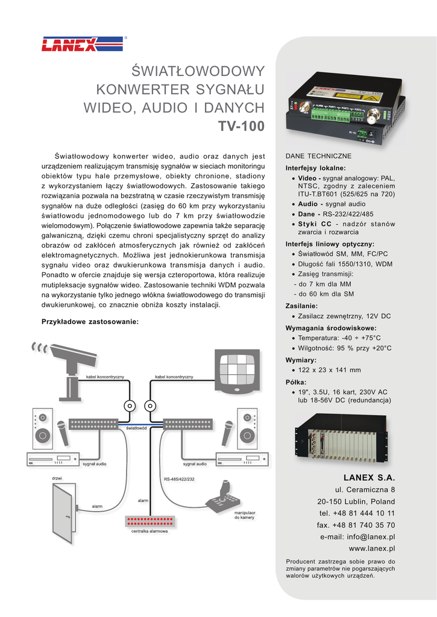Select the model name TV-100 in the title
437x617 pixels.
[x=241, y=126]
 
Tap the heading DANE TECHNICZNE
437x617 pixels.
[x=318, y=156]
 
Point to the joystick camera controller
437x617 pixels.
[x=222, y=497]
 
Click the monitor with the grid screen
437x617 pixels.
[x=237, y=371]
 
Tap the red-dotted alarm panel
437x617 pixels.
[x=149, y=521]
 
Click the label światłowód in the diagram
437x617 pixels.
[x=136, y=428]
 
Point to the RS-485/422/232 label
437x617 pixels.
[x=179, y=479]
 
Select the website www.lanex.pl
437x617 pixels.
[x=372, y=548]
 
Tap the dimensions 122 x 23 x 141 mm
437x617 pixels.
[x=330, y=370]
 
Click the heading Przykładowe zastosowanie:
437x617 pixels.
[x=90, y=322]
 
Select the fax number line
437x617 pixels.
[x=356, y=525]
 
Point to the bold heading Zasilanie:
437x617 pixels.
[x=301, y=305]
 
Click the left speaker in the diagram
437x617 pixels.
[x=42, y=428]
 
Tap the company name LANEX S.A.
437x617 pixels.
[x=369, y=477]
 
